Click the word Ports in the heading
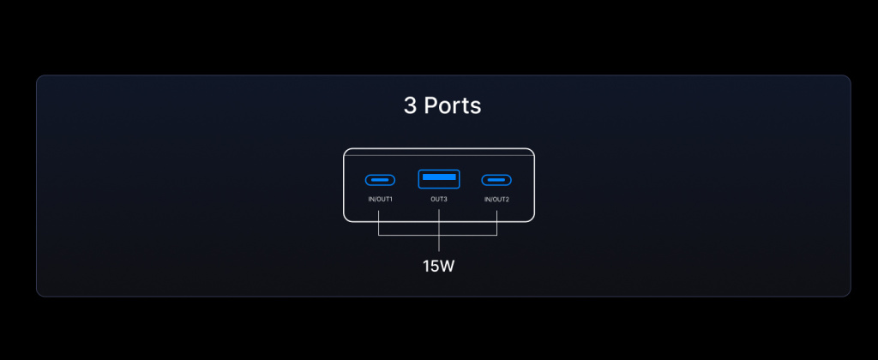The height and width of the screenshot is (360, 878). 453,105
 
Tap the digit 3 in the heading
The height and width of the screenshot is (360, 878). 410,105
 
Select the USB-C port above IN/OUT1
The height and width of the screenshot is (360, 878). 380,180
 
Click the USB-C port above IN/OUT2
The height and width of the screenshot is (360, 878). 496,180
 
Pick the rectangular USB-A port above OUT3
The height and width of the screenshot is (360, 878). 439,178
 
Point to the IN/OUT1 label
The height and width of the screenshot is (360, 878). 380,200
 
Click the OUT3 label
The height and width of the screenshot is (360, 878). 439,200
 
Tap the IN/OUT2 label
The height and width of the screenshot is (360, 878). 496,200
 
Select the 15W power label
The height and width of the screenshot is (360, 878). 438,267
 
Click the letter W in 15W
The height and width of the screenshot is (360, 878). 446,267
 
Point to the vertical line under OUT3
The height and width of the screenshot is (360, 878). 439,230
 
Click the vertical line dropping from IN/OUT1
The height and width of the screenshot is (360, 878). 379,223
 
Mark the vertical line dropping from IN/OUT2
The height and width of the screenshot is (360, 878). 496,223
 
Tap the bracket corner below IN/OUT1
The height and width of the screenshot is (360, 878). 379,235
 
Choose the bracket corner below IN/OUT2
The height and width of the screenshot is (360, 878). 496,235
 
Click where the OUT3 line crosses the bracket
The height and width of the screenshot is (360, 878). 439,235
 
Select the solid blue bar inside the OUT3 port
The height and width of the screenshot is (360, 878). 439,177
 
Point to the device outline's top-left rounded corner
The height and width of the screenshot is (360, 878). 346,151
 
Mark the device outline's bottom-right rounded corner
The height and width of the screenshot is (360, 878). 532,219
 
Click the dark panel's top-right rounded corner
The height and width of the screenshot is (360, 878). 848,78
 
